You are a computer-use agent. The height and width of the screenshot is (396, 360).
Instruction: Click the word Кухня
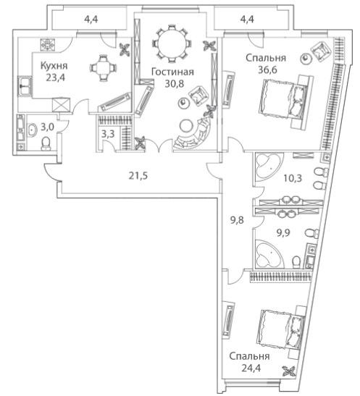tap(54, 66)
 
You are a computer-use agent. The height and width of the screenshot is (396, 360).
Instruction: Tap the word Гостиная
tap(173, 72)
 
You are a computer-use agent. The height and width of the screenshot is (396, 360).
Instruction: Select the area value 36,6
tap(267, 69)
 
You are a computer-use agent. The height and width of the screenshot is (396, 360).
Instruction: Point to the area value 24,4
tap(251, 368)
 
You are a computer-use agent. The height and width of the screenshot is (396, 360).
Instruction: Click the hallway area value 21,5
tap(138, 176)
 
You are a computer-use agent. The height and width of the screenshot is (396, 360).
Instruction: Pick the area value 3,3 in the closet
tap(108, 134)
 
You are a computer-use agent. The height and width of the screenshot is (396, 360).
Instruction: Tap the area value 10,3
tap(293, 178)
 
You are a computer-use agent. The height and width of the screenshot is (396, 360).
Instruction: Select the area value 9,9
tap(283, 233)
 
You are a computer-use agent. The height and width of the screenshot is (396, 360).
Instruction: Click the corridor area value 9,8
tap(237, 220)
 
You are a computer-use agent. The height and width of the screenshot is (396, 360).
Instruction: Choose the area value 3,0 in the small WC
tap(47, 127)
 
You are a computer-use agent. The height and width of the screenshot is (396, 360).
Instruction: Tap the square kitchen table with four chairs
tap(103, 67)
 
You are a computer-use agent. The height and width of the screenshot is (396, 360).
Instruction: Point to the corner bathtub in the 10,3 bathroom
tap(267, 167)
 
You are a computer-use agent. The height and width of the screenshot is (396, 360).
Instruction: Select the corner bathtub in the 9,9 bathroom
tap(268, 253)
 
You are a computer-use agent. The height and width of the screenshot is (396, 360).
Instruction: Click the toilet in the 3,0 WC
tap(46, 143)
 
